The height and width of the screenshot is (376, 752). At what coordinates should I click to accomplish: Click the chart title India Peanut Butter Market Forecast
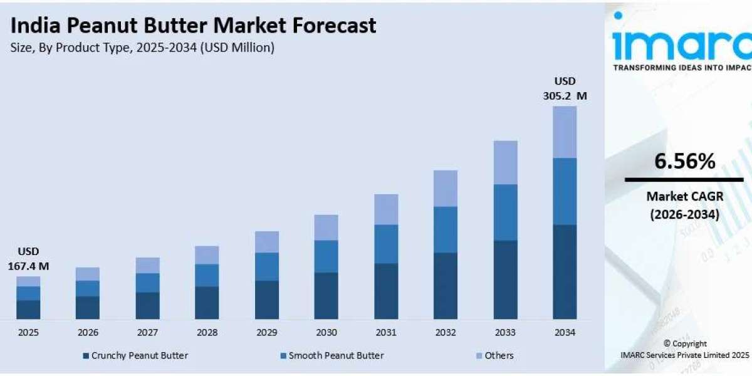[x=194, y=25]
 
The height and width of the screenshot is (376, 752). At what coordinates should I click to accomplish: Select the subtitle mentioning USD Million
[x=143, y=48]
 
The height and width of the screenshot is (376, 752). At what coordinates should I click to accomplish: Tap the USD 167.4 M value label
[x=28, y=259]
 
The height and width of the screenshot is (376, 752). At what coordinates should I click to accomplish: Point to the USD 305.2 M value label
[x=565, y=88]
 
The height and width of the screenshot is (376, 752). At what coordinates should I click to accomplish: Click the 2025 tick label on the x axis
[x=28, y=332]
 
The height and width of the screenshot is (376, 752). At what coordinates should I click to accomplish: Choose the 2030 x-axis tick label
[x=326, y=332]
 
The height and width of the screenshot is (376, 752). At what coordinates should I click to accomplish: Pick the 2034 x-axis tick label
[x=565, y=332]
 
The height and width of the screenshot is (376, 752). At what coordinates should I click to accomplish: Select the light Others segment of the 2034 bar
[x=565, y=132]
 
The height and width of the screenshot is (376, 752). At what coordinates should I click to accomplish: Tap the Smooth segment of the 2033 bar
[x=505, y=212]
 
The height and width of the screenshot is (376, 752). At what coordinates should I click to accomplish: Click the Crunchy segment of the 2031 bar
[x=386, y=291]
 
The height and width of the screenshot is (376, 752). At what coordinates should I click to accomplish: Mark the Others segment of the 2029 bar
[x=267, y=241]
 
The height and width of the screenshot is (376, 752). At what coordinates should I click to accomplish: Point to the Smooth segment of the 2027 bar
[x=147, y=283]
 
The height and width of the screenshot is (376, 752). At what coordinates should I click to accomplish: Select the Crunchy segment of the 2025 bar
[x=28, y=310]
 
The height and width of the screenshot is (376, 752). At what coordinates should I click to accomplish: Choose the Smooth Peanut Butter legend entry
[x=332, y=355]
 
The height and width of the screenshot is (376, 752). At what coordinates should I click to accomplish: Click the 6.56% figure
[x=684, y=162]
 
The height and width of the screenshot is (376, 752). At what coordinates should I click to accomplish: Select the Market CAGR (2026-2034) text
[x=684, y=206]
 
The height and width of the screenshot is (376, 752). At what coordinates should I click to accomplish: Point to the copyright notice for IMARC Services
[x=684, y=349]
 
